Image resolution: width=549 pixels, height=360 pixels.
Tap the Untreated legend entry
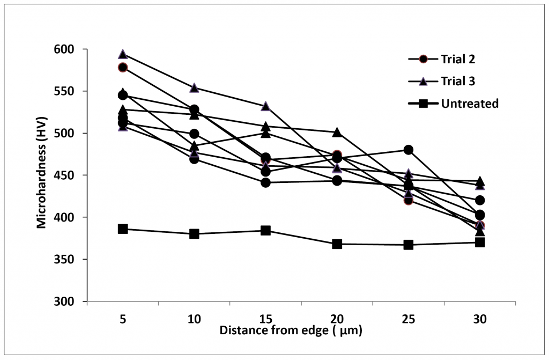470,104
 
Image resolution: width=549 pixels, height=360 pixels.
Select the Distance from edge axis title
291,330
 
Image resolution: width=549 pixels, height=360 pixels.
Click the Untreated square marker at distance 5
123,229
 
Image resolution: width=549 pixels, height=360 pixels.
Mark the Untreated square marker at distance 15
265,230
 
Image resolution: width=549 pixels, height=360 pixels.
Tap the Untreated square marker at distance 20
337,244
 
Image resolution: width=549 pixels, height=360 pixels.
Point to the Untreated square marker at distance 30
480,243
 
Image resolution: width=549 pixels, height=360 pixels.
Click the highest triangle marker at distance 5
123,54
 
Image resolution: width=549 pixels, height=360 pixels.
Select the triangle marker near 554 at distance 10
194,88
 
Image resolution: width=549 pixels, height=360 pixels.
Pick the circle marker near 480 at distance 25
409,150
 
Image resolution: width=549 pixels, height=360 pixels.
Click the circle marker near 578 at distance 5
123,68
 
